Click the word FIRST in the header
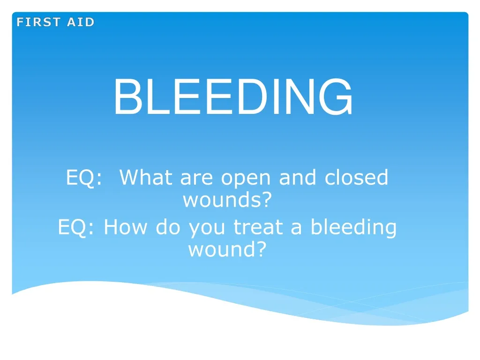(x=39, y=22)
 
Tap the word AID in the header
(x=81, y=22)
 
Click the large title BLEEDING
(x=233, y=97)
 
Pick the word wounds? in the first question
(x=227, y=201)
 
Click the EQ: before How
(x=76, y=228)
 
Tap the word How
(x=127, y=228)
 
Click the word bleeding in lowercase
(x=353, y=228)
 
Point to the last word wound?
(x=227, y=249)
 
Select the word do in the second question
(x=168, y=228)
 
